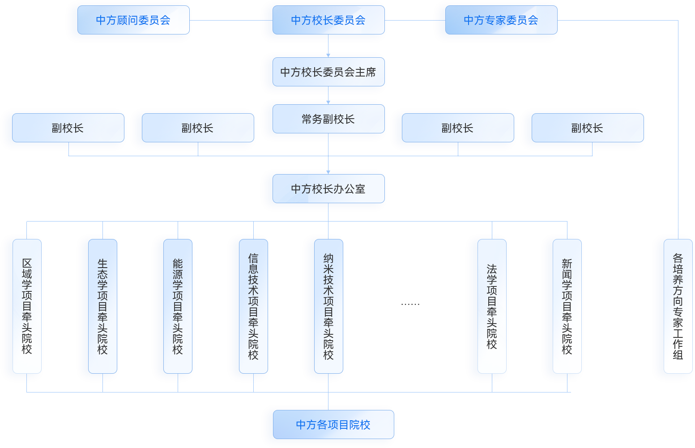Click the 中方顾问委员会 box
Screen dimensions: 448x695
coord(133,20)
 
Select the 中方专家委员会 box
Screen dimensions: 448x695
coord(501,20)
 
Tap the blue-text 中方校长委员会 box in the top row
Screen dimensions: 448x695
coord(328,20)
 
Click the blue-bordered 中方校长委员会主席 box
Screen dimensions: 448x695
coord(328,72)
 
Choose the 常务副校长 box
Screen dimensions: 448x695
coord(328,119)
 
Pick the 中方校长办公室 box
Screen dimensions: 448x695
coord(328,189)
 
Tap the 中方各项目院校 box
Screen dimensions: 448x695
coord(333,425)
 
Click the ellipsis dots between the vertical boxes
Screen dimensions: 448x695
coord(410,304)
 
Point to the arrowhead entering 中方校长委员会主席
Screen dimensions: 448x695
coord(328,55)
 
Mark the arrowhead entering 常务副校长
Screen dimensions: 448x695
coord(328,102)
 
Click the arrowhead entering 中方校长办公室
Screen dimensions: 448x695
coord(328,172)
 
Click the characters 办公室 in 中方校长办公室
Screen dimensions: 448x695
coord(349,189)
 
